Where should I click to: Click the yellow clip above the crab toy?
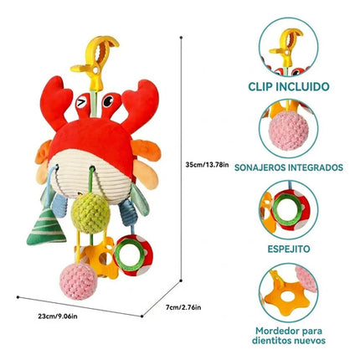95,60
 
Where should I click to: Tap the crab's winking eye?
81,103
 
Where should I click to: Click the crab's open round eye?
108,101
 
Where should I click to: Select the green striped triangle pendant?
46,227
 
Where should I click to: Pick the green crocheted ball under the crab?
90,213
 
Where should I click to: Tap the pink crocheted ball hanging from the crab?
79,280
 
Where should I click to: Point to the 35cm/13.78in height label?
207,165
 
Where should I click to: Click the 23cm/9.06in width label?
58,316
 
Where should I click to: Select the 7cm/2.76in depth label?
183,307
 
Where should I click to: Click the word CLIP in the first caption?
260,87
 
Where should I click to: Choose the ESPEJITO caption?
289,249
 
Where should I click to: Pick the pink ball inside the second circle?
289,131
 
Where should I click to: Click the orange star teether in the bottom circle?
286,296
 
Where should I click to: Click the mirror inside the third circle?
288,209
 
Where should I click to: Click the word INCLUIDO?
302,87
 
